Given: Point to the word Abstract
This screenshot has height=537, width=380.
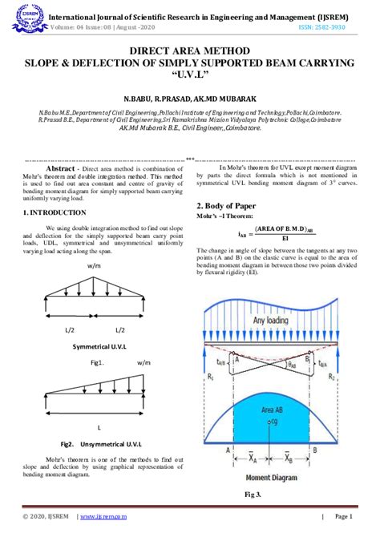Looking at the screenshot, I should click(63, 171).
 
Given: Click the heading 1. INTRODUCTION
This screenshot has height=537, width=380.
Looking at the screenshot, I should click(54, 212).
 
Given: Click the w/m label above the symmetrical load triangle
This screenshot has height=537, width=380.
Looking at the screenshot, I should click(95, 264).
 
